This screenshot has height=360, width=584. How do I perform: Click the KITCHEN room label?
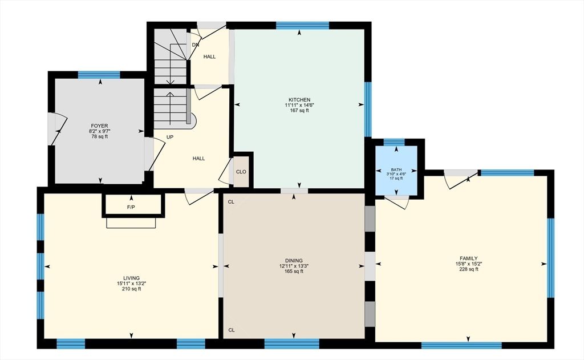298,99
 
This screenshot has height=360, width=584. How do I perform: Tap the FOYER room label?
99,126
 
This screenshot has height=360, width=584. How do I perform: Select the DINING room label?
294,260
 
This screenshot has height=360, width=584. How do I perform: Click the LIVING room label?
131,278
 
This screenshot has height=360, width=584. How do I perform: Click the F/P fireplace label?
131,207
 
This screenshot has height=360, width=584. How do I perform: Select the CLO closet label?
241,171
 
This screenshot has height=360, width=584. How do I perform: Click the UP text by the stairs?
170,137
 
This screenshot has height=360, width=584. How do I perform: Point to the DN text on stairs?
196,45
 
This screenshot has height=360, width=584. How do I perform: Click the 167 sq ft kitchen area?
298,111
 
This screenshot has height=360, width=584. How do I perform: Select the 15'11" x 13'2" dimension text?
131,284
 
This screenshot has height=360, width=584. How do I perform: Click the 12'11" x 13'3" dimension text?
294,266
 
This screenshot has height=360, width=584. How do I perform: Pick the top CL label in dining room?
231,201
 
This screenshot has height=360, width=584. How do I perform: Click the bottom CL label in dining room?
231,330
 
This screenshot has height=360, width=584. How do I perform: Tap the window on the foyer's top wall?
99,75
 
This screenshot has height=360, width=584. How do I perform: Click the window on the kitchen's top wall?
302,25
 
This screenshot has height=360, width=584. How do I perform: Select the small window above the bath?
394,142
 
